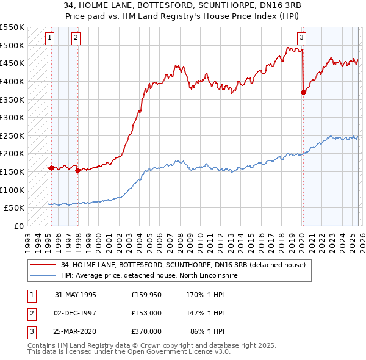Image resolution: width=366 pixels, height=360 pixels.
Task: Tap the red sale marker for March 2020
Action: [x=303, y=92]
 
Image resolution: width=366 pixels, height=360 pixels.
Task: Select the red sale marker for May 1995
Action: [x=52, y=167]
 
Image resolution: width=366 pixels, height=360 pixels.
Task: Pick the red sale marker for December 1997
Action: [x=77, y=170]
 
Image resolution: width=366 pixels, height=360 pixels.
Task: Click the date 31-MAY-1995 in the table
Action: [x=75, y=295]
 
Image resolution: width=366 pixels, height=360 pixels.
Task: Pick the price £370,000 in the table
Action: [x=146, y=331]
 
